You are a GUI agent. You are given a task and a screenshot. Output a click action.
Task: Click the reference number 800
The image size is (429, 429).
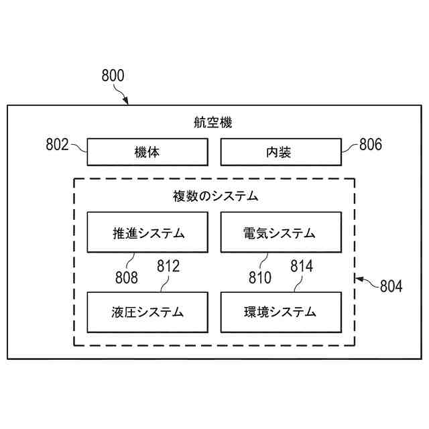point(113,76)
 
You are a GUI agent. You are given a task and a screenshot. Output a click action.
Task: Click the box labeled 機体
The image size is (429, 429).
point(147,153)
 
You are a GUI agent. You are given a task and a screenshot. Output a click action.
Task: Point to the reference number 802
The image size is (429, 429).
point(57,144)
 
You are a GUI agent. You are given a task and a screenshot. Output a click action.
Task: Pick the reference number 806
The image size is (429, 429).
point(371,144)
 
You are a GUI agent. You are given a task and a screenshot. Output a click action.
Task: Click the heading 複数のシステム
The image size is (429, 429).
point(214,196)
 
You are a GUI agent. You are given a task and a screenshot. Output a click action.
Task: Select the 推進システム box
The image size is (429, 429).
point(147,233)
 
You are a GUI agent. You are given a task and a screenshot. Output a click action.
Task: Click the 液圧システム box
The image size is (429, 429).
point(147,312)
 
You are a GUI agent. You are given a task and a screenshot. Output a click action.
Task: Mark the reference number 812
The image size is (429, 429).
point(168,266)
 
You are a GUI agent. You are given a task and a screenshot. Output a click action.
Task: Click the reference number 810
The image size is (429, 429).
point(259,275)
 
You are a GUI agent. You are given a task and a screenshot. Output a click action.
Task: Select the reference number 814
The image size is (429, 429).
point(302,266)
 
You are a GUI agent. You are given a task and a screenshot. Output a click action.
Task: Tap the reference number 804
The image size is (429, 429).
point(391,286)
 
